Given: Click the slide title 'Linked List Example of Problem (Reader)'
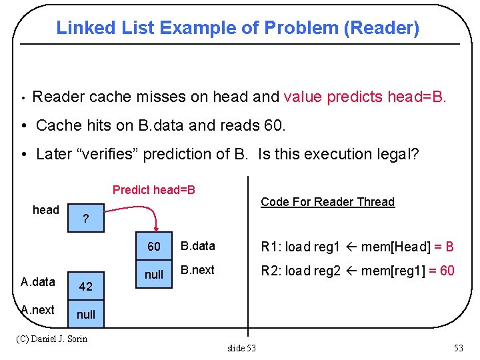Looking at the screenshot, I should pyautogui.click(x=237, y=28).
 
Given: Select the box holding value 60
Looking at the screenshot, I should pyautogui.click(x=154, y=247).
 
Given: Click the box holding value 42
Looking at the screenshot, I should pyautogui.click(x=85, y=287).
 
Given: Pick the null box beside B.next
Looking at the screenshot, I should pyautogui.click(x=154, y=274).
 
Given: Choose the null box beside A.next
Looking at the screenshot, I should pyautogui.click(x=85, y=314).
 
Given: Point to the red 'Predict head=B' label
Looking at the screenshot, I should pyautogui.click(x=154, y=190).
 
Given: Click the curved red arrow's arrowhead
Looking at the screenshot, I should pyautogui.click(x=155, y=229).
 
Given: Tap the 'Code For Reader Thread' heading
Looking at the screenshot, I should pyautogui.click(x=327, y=202).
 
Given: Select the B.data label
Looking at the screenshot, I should pyautogui.click(x=198, y=246).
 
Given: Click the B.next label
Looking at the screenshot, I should pyautogui.click(x=197, y=271).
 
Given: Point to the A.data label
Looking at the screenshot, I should pyautogui.click(x=38, y=282).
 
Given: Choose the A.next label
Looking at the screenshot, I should pyautogui.click(x=38, y=310).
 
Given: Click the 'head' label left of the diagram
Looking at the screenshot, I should pyautogui.click(x=46, y=210).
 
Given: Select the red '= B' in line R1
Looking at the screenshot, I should pyautogui.click(x=444, y=247).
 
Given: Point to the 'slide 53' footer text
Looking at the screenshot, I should pyautogui.click(x=241, y=347).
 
